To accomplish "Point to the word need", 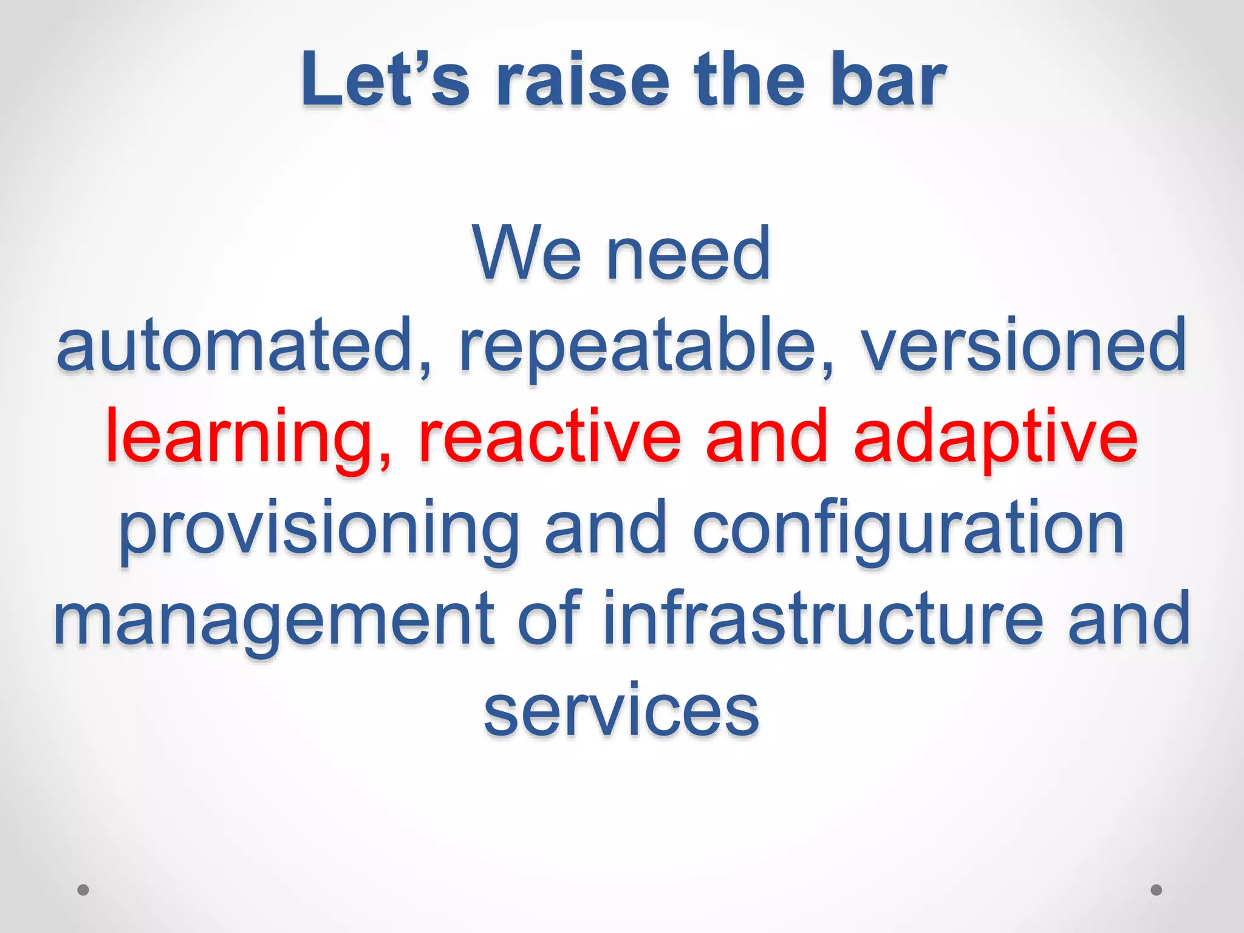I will pos(689,253).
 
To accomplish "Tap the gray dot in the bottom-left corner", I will pos(83,890).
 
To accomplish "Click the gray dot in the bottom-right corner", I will pos(1157,890).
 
